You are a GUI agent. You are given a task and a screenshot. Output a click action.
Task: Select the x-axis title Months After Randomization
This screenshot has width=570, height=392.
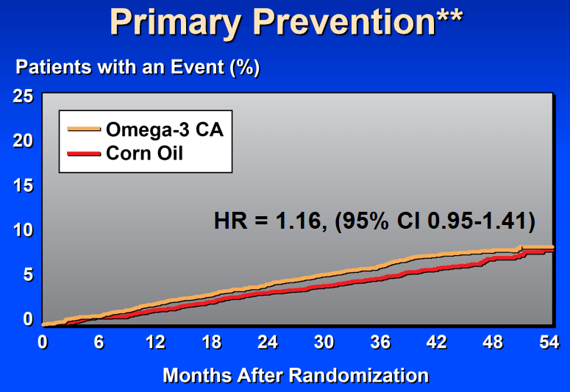click(295, 375)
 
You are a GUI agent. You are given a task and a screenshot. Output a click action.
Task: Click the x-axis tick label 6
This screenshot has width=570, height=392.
click(99, 343)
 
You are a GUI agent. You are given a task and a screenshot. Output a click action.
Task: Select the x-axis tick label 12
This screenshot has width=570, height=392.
click(155, 343)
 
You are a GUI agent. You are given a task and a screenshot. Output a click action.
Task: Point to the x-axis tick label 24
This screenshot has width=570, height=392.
click(268, 343)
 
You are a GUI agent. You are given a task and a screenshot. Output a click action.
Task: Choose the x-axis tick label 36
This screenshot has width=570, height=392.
click(380, 343)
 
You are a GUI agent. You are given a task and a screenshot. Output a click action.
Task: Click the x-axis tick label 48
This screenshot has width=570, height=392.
click(493, 343)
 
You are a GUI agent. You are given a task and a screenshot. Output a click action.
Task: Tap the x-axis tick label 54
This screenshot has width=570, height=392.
click(547, 343)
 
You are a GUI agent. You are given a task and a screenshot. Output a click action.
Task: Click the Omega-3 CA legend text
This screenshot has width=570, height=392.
click(164, 130)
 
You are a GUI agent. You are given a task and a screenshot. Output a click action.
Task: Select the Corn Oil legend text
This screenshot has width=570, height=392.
click(144, 153)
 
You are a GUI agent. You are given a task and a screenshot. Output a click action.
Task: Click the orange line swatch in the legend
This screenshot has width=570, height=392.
click(85, 129)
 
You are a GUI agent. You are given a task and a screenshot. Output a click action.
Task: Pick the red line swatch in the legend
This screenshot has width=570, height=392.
click(85, 153)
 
